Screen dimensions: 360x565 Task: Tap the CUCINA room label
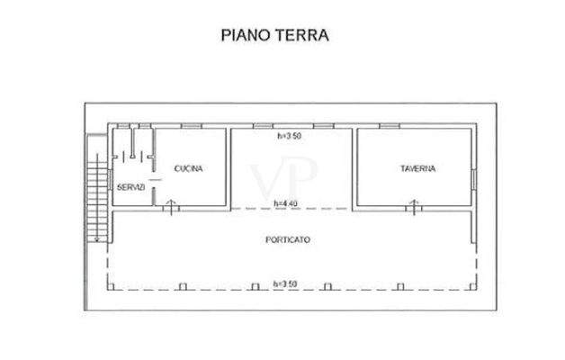187,168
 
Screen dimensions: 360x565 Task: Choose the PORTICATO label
288,240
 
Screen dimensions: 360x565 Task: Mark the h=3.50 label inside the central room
288,137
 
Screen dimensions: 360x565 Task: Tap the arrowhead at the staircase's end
94,239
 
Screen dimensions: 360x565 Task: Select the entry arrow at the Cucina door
172,205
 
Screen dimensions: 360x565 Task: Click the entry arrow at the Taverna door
412,206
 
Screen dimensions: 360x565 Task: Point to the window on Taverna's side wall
471,180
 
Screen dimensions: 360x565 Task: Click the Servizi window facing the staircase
110,157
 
